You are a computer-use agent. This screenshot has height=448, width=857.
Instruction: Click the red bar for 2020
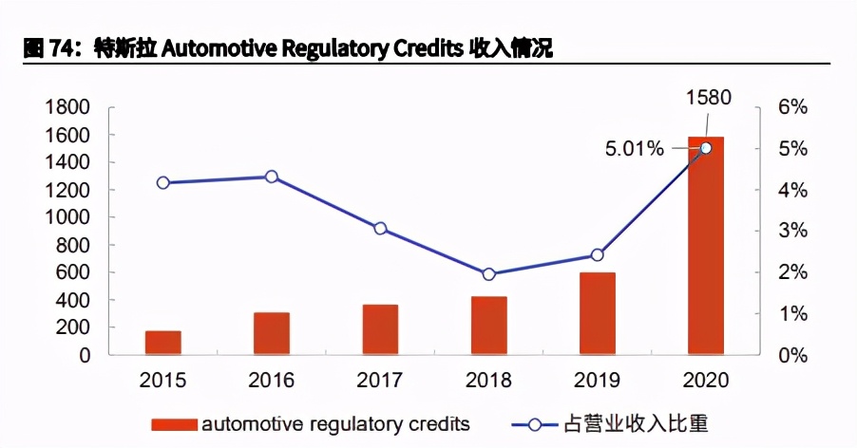pyautogui.click(x=705, y=246)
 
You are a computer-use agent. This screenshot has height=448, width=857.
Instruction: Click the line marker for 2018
pyautogui.click(x=488, y=274)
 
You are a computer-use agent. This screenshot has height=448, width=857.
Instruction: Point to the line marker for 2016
pyautogui.click(x=272, y=177)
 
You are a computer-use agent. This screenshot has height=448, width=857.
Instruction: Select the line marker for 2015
pyautogui.click(x=162, y=182)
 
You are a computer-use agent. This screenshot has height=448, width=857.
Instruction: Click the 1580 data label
pyautogui.click(x=707, y=97)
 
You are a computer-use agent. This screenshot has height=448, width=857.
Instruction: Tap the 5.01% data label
pyautogui.click(x=635, y=149)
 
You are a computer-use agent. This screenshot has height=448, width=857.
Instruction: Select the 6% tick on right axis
pyautogui.click(x=790, y=107)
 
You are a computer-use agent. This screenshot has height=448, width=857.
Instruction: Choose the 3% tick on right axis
pyautogui.click(x=790, y=232)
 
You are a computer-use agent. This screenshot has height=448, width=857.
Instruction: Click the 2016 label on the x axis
pyautogui.click(x=272, y=381)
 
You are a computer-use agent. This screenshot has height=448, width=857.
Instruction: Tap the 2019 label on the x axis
pyautogui.click(x=598, y=381)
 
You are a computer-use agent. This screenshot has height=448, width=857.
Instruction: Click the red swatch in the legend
pyautogui.click(x=172, y=423)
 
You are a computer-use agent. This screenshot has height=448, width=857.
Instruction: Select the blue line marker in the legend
pyautogui.click(x=534, y=423)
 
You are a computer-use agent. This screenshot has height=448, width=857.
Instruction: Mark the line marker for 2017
pyautogui.click(x=380, y=229)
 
